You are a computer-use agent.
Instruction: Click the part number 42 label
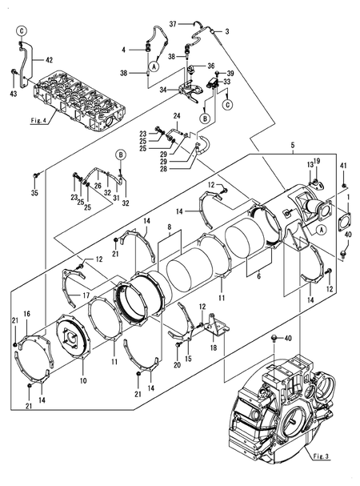[x=49, y=60]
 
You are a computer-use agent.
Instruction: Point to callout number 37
[x=173, y=24]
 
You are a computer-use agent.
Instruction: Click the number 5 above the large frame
[x=293, y=145]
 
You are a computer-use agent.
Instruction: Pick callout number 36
[x=210, y=66]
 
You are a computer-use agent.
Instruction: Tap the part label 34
[x=163, y=90]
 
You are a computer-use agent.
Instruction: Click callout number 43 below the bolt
[x=14, y=93]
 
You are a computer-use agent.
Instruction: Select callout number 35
[x=34, y=193]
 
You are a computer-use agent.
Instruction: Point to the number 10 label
[x=82, y=380]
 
